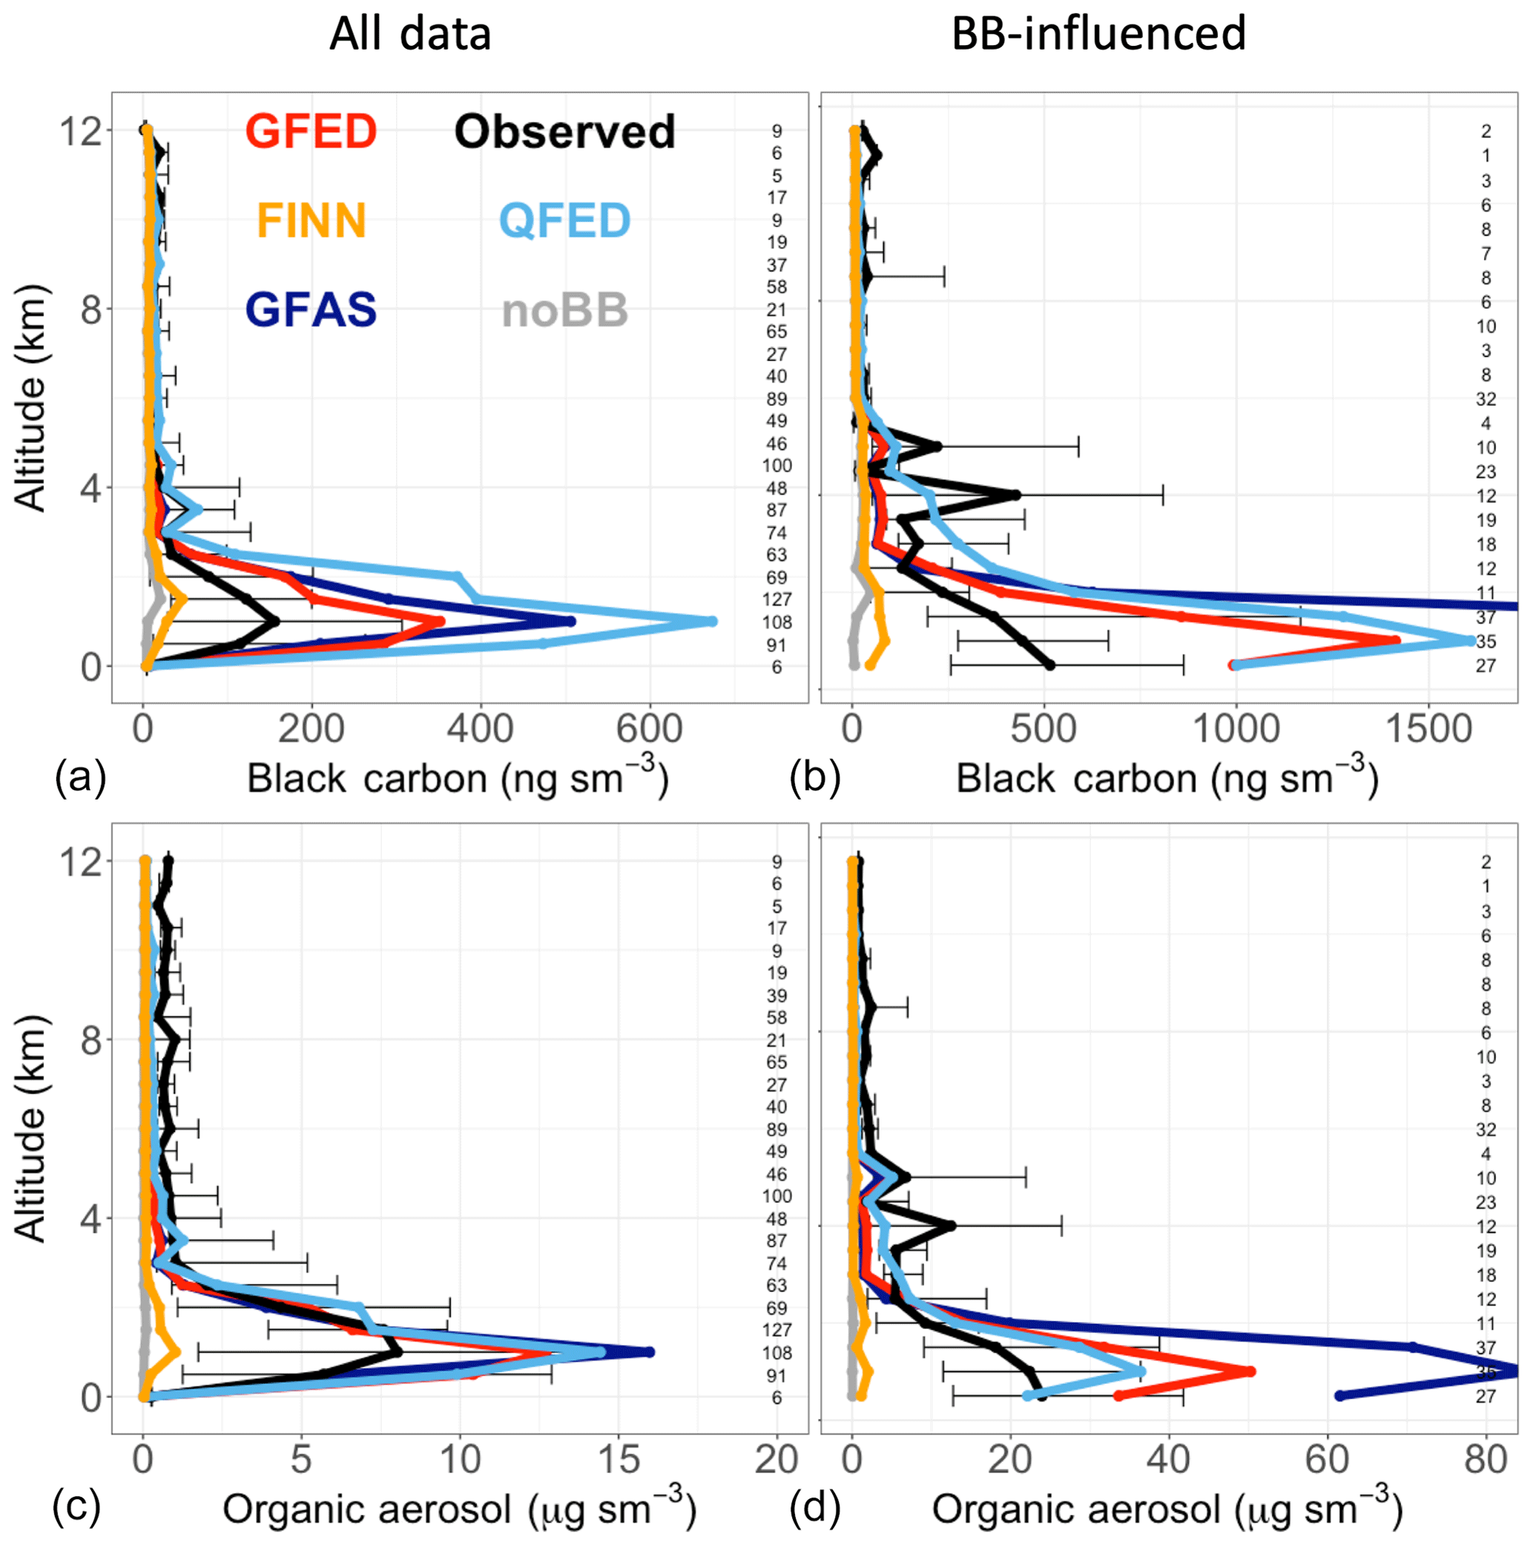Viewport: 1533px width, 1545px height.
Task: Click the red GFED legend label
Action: pyautogui.click(x=311, y=131)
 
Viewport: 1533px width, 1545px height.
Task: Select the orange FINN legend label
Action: pyautogui.click(x=311, y=221)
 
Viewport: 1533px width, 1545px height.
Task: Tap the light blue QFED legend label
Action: pyautogui.click(x=564, y=221)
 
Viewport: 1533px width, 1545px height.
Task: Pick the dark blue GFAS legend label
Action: pyautogui.click(x=311, y=310)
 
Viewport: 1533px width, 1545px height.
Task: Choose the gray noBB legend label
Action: pyautogui.click(x=564, y=310)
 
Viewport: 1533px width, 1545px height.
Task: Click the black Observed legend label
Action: pyautogui.click(x=564, y=131)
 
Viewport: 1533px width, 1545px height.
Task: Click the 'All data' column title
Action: pyautogui.click(x=410, y=34)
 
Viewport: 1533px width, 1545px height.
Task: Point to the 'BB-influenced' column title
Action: pyautogui.click(x=1099, y=34)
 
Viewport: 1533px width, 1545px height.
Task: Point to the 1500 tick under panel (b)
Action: pyautogui.click(x=1428, y=729)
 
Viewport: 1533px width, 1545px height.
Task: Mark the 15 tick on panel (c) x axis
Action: pyautogui.click(x=618, y=1460)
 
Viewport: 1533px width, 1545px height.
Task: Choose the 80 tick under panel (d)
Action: pyautogui.click(x=1486, y=1460)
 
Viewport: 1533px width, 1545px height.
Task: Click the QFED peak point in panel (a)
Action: pyautogui.click(x=712, y=622)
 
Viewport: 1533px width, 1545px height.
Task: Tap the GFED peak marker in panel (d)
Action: pyautogui.click(x=1250, y=1371)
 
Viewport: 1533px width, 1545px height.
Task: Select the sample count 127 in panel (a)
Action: pyautogui.click(x=777, y=599)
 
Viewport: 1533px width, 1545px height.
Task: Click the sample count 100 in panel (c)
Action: pyautogui.click(x=777, y=1196)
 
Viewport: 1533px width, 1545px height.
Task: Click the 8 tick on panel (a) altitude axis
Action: pyautogui.click(x=90, y=309)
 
